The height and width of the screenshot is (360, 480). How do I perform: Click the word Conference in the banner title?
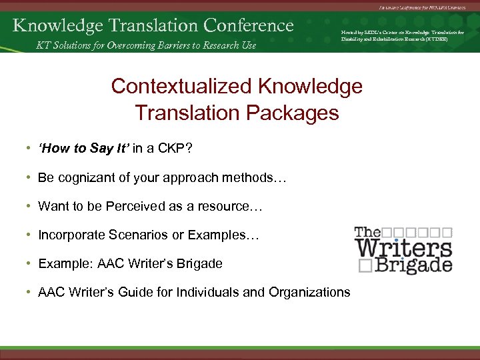tap(249, 25)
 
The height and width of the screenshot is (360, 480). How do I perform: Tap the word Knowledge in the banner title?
tap(53, 25)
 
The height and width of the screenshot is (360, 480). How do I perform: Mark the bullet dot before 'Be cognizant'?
tap(30, 178)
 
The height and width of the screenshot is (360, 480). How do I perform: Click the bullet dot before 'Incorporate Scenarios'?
tap(30, 235)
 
